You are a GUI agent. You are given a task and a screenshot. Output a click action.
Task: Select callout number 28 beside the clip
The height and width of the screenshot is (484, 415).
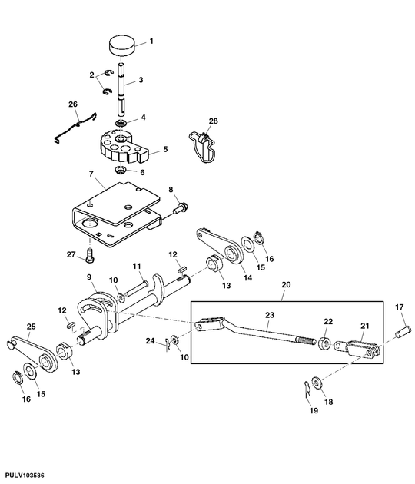pos(214,121)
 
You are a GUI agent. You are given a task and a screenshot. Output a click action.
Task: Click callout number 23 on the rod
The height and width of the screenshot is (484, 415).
pos(269,314)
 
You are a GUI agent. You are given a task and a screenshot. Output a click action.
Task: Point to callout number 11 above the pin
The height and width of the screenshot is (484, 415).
pos(138,266)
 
